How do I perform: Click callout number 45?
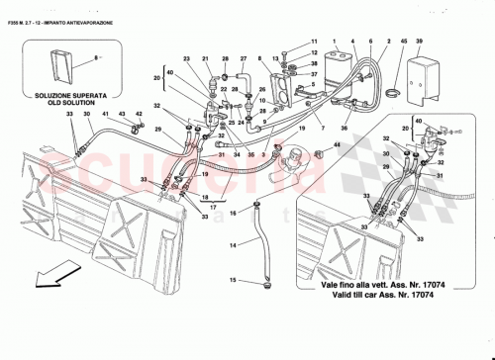click(x=404, y=42)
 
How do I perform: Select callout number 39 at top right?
click(x=419, y=42)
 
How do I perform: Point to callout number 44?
click(x=336, y=146)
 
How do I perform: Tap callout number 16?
click(x=234, y=213)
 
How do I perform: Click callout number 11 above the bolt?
click(x=315, y=42)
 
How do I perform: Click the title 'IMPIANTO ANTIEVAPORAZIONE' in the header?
click(x=89, y=8)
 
